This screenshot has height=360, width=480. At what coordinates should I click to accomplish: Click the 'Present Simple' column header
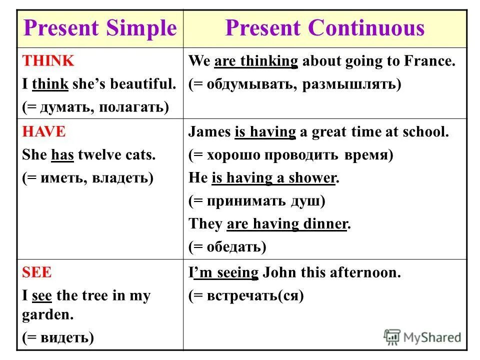pos(100,28)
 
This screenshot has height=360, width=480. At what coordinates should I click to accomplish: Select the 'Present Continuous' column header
pos(324,28)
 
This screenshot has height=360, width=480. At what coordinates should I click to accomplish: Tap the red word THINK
pos(48,61)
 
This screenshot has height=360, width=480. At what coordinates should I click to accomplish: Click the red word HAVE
pos(43,132)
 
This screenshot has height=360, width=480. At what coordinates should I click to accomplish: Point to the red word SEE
pos(37,273)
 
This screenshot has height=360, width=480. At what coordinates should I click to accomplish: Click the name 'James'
pos(209,132)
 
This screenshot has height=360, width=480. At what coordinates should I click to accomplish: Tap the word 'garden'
pos(47,315)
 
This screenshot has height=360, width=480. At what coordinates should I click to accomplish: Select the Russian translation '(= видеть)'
pos(58,338)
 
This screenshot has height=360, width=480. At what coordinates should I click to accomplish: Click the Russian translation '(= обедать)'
pos(227,246)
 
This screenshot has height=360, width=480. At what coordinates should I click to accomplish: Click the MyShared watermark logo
pos(422,337)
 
